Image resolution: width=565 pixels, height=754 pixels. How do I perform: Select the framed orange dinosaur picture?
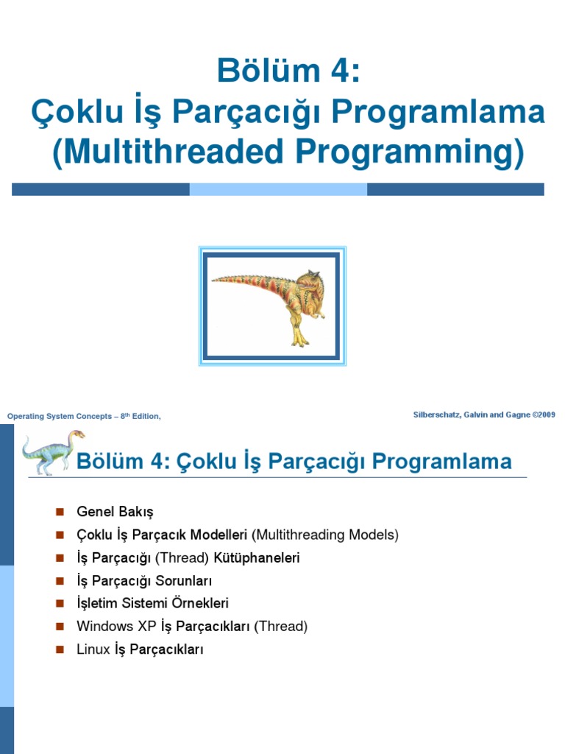[272, 306]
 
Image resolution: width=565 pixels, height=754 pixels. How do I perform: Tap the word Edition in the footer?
[144, 417]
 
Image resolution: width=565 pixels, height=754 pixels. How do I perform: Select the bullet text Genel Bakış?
[115, 512]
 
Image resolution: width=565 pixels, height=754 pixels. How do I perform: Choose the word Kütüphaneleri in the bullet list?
[257, 557]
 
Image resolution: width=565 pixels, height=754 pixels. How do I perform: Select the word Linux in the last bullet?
[93, 649]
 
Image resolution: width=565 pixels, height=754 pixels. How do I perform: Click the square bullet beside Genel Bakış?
[60, 512]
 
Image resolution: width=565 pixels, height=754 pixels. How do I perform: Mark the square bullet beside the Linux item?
[60, 649]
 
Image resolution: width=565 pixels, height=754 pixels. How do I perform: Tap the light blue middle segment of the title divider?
[278, 189]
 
